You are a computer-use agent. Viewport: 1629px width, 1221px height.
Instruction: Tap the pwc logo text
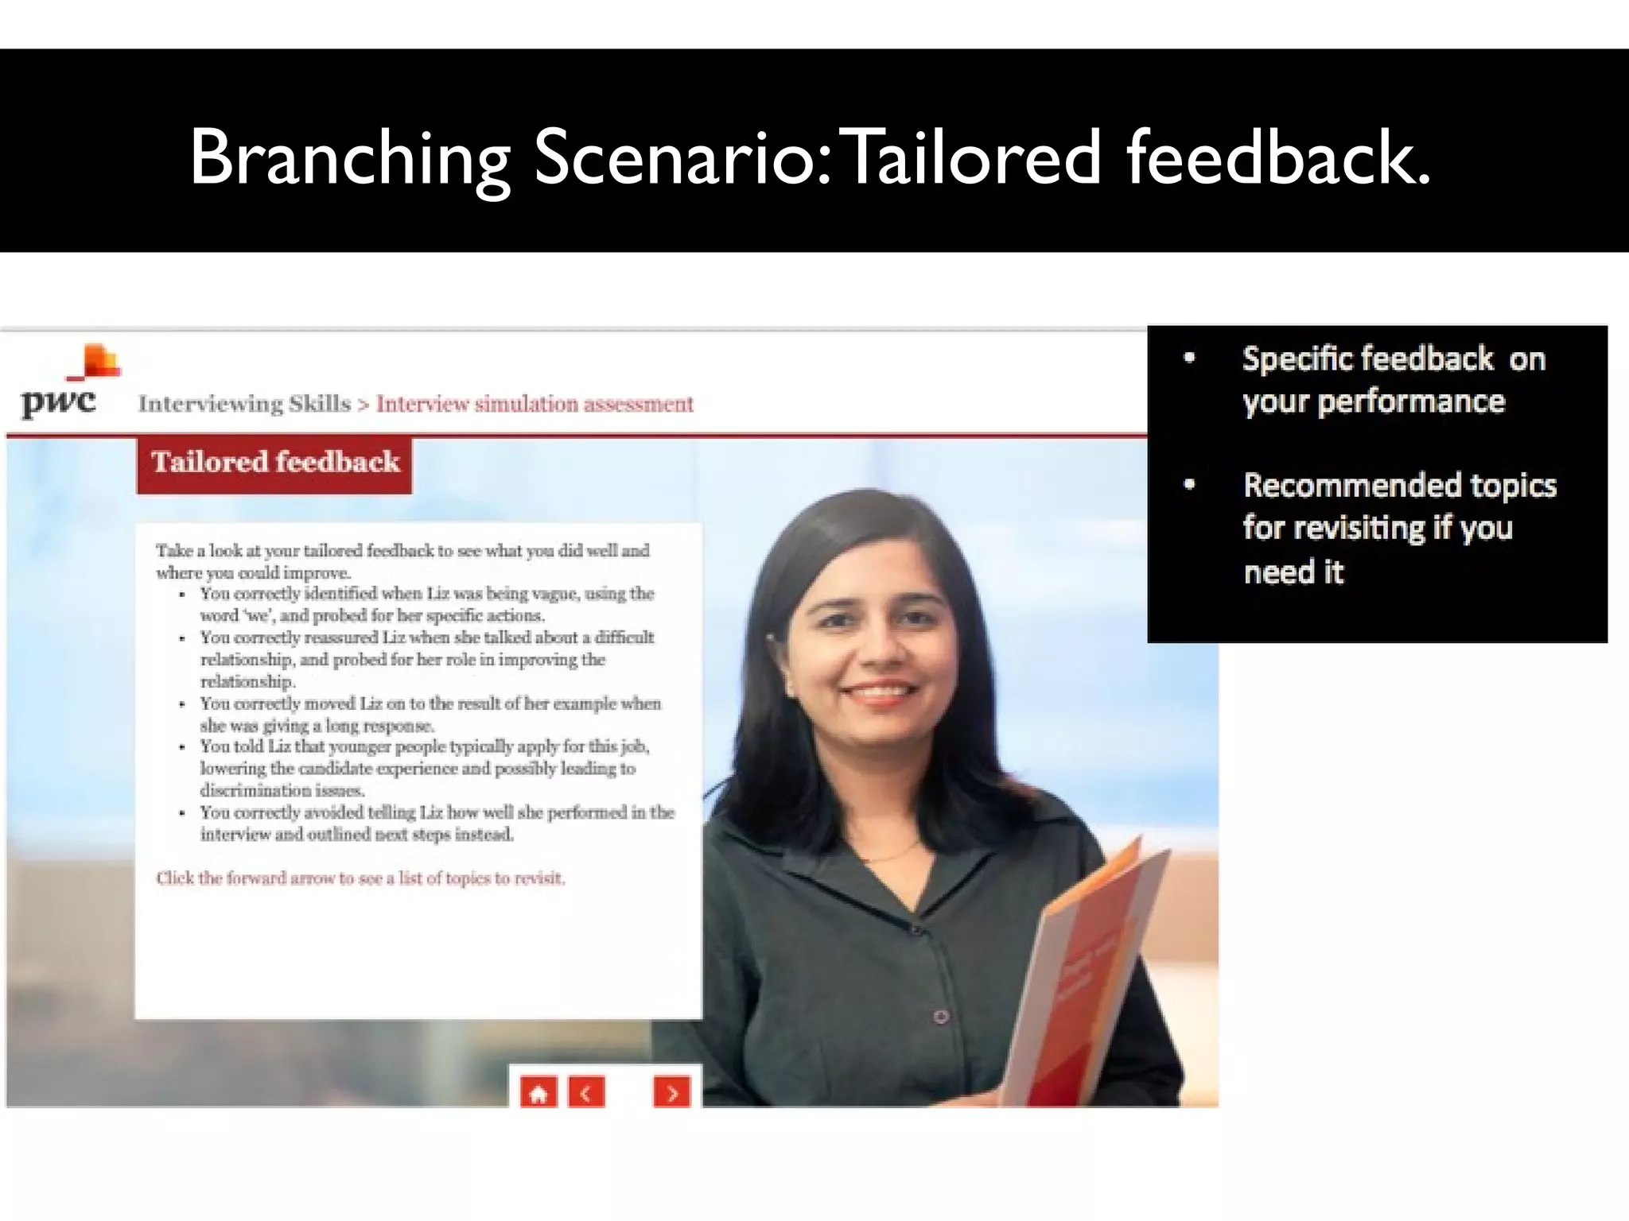58,401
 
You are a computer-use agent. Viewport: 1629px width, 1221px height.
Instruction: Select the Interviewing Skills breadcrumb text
244,404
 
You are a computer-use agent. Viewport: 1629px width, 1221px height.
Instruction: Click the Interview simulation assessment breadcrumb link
535,404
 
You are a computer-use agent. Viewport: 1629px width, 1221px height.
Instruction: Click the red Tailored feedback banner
274,463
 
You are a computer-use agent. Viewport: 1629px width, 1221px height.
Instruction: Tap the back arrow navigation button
586,1093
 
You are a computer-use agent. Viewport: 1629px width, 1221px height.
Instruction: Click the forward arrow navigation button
672,1093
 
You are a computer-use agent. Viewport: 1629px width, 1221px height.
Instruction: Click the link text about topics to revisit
360,878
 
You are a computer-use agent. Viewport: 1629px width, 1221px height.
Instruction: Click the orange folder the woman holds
1090,978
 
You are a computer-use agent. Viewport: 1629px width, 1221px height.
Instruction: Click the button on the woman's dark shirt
941,1016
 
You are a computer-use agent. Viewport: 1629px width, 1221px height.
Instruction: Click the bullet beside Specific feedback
1189,358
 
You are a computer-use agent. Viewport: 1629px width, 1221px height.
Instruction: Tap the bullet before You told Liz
182,747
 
